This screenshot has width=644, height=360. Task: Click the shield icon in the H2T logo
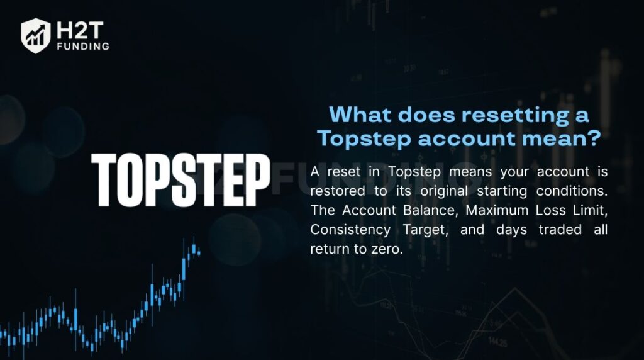click(35, 35)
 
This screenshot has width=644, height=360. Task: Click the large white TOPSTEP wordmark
click(180, 180)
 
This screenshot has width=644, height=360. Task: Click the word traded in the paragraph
click(558, 230)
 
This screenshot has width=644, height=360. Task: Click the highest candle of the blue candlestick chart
click(194, 247)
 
